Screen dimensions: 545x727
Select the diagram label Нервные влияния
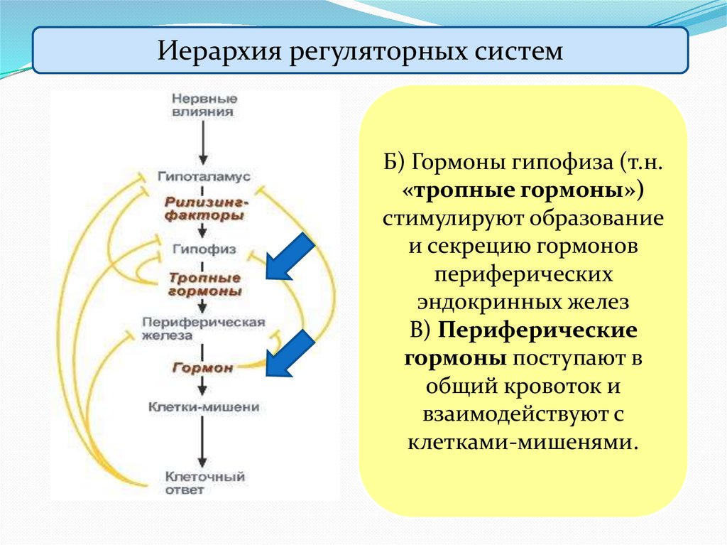pyautogui.click(x=204, y=104)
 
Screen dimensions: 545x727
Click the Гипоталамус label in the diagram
pyautogui.click(x=204, y=175)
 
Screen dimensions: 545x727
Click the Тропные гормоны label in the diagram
pyautogui.click(x=204, y=284)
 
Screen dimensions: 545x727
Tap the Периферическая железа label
pyautogui.click(x=204, y=328)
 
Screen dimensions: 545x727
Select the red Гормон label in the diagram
pyautogui.click(x=204, y=367)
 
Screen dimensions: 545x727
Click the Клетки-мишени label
pyautogui.click(x=204, y=408)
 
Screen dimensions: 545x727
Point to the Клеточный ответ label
pyautogui.click(x=204, y=482)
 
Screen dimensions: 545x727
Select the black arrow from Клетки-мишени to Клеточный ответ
pyautogui.click(x=204, y=444)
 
